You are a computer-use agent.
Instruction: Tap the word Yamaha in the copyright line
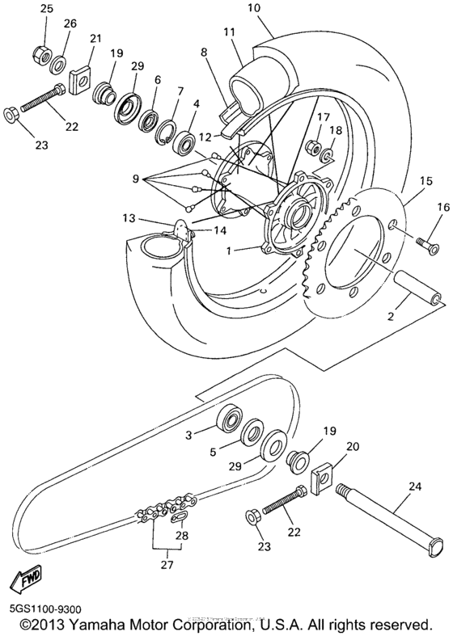(99, 625)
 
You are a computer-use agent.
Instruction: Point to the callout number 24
(415, 487)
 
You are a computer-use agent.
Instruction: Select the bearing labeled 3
(230, 419)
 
